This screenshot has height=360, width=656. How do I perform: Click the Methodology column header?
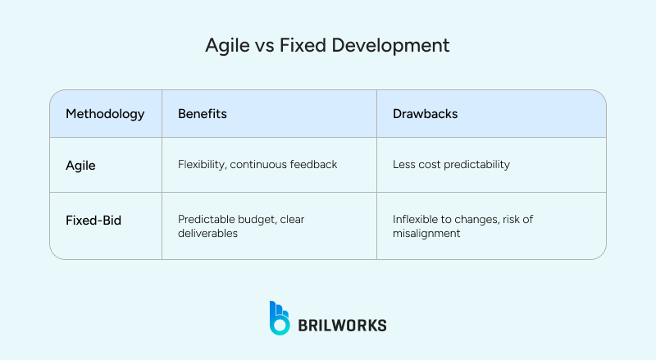tap(105, 114)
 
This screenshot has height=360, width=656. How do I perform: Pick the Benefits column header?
tap(203, 114)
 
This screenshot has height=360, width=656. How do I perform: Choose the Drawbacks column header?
tap(425, 114)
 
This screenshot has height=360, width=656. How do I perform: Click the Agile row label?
tap(80, 165)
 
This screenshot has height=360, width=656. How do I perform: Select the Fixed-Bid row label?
tap(93, 221)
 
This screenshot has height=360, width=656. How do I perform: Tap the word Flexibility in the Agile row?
tap(202, 165)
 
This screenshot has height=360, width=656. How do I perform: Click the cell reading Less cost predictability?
tap(451, 165)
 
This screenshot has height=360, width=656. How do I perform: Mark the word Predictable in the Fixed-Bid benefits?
tap(206, 219)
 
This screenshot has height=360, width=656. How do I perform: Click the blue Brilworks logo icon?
tap(280, 317)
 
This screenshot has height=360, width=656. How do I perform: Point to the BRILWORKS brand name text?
tap(342, 325)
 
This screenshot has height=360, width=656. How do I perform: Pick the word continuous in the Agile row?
tap(257, 165)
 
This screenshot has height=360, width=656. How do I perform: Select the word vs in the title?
tap(264, 46)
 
